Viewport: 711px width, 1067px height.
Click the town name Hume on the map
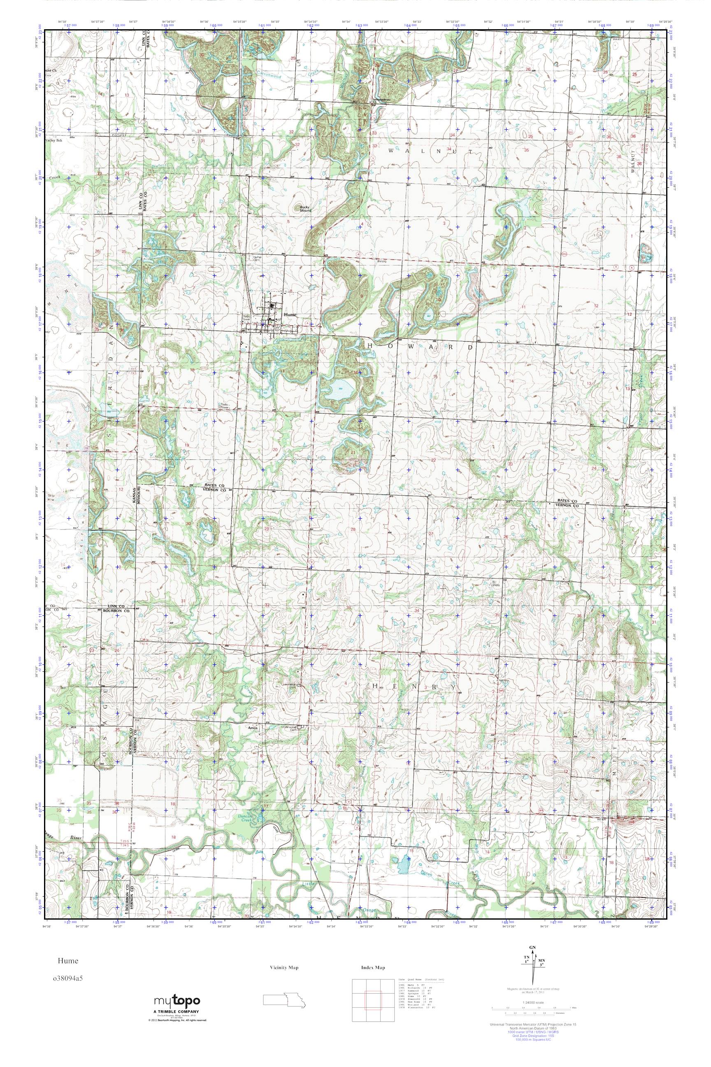290,315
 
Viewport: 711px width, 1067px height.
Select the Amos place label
253,728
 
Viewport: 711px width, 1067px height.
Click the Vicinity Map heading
284,968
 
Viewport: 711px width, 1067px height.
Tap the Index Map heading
373,968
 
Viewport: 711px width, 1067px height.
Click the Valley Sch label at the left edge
53,141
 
